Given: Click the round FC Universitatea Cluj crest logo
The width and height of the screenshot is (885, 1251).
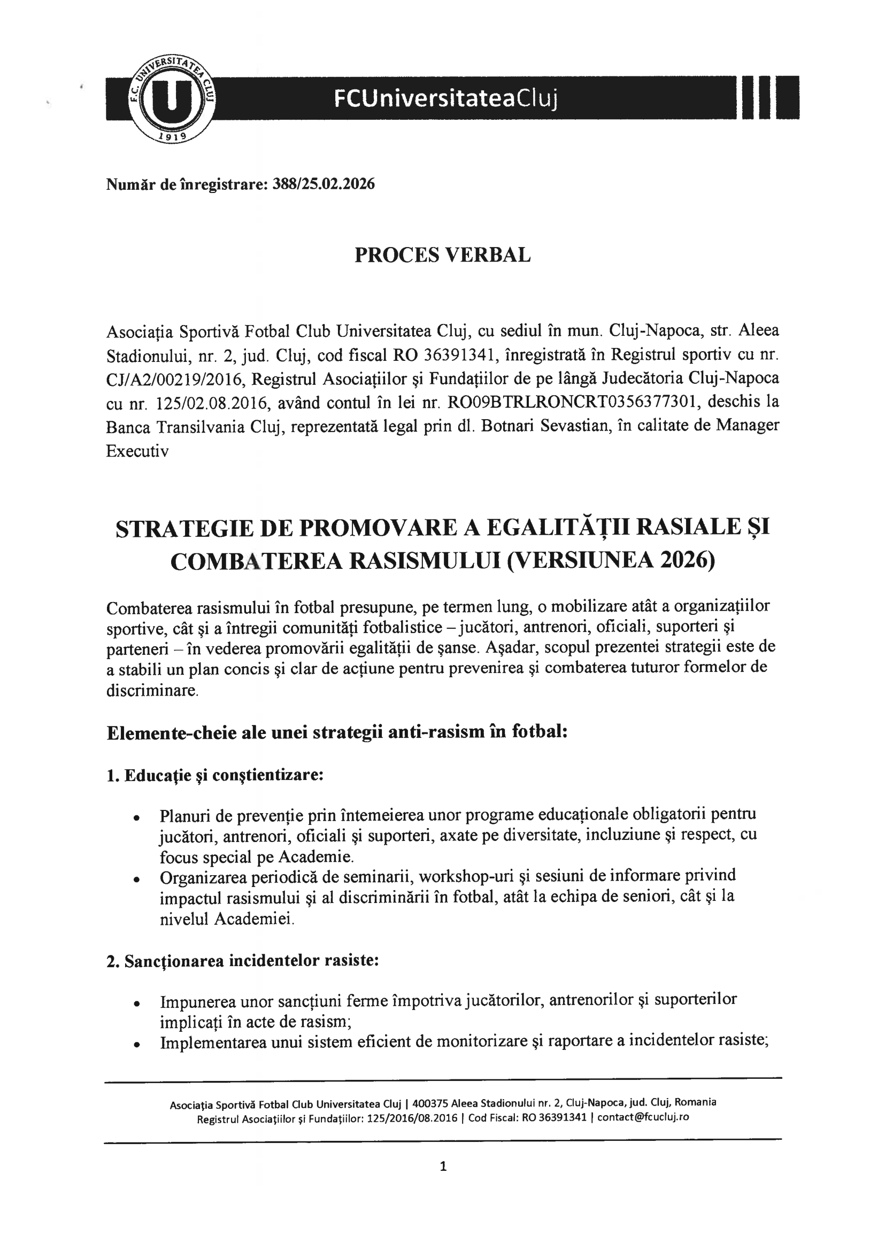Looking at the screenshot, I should click(173, 98).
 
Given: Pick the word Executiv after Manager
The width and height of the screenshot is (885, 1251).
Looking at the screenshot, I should click(137, 451).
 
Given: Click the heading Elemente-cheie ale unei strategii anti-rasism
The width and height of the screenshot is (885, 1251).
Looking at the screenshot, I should click(337, 732).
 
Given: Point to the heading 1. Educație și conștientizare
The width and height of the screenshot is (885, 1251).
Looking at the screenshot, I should click(216, 775).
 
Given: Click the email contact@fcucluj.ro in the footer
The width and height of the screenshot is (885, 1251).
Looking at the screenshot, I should click(643, 1117).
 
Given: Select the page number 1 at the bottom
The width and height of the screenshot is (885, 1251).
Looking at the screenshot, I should click(443, 1167).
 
